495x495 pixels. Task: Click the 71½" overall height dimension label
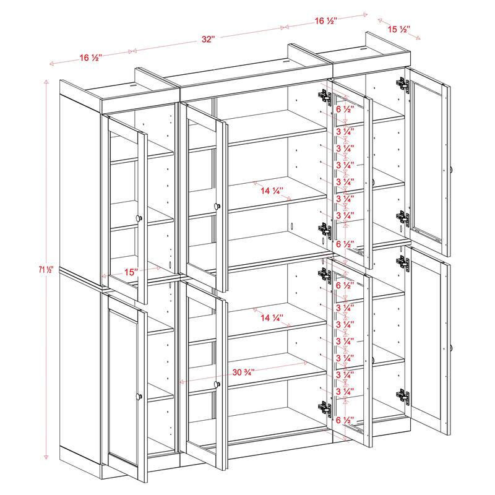coord(47,269)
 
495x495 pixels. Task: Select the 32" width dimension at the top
coord(208,40)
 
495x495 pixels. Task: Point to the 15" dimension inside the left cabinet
coord(129,271)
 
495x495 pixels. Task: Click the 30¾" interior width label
coord(245,372)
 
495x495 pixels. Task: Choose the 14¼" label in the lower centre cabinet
coord(271,318)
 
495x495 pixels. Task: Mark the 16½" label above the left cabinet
coord(90,58)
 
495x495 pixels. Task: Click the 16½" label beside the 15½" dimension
coord(325,21)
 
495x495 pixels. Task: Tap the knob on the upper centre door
coord(217,205)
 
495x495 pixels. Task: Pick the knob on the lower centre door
coord(217,385)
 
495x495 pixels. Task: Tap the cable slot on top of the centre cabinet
coord(286,61)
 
